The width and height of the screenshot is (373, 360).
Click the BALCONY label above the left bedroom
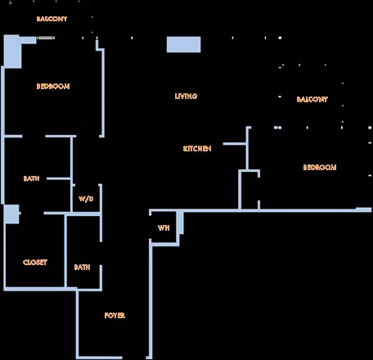coord(52,19)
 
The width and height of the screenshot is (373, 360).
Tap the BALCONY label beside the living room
coord(312,99)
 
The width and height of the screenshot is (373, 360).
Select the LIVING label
coord(186,96)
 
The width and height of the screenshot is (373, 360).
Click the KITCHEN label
coord(197,149)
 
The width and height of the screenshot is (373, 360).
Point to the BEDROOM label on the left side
coord(53,87)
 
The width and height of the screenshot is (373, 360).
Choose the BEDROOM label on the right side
coord(320,167)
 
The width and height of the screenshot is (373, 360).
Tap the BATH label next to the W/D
coord(32,178)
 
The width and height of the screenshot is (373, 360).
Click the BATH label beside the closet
coord(82,268)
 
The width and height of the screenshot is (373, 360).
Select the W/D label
coord(86,199)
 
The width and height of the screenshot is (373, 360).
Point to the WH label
coord(164,227)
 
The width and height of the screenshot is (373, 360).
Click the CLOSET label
coord(35,263)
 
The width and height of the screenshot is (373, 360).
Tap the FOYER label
coord(115,316)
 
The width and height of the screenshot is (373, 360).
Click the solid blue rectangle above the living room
coord(184,44)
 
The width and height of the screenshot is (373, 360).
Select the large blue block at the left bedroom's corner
coord(12,52)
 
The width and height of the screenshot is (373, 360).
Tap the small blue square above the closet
coord(11,214)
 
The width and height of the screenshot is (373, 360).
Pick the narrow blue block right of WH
coord(180,223)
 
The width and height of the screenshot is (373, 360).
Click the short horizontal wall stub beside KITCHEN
coord(235,144)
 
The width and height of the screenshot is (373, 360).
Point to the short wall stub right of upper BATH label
coord(59,178)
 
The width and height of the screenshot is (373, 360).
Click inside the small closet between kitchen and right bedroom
coord(249,191)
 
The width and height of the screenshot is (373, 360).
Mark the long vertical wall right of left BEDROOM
coord(103,92)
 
